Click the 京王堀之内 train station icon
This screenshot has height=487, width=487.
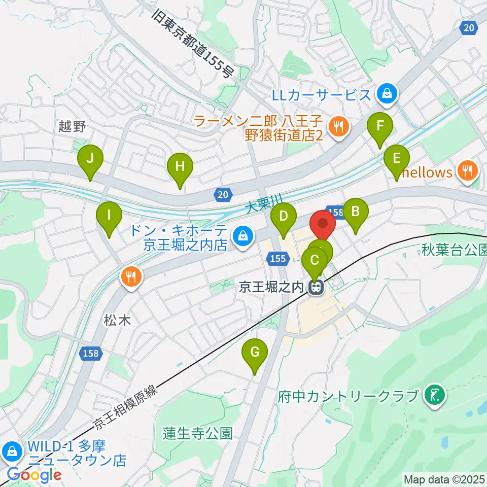pos(316,288)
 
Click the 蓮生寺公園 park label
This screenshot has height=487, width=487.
pos(198,433)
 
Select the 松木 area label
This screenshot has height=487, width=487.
pos(118,320)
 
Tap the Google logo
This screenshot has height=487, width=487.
pos(34,475)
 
